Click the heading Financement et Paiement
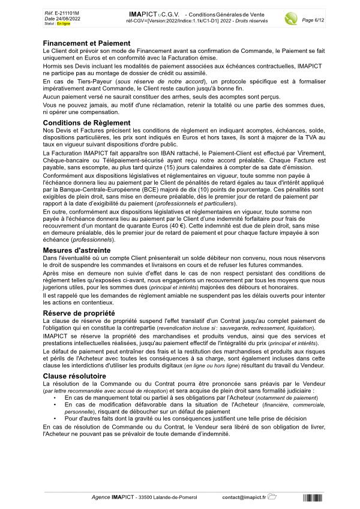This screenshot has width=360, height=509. [86, 43]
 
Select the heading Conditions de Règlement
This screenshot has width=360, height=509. [86, 122]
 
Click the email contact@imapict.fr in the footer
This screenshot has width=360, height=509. [244, 498]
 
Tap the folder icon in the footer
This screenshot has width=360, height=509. [272, 497]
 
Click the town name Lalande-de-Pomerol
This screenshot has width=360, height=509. [172, 498]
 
